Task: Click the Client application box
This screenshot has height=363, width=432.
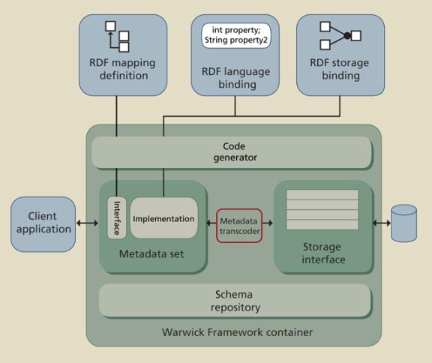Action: pos(43,224)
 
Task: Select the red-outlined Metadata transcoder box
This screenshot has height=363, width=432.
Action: pos(239,226)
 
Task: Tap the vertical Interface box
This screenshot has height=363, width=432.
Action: pos(117,217)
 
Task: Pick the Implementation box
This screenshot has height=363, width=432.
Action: pos(164,217)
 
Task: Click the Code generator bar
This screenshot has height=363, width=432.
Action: pos(232,152)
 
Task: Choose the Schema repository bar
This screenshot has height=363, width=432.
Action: pos(235,301)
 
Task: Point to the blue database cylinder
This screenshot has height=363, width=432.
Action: pos(404,223)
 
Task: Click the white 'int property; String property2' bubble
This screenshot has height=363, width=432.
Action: pos(236,36)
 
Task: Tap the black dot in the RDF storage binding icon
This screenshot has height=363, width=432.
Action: pos(347,35)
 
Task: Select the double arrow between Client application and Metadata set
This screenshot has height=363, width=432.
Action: pos(87,223)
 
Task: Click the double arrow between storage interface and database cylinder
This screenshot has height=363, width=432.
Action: pos(382,223)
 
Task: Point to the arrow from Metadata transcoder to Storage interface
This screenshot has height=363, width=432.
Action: pos(268,223)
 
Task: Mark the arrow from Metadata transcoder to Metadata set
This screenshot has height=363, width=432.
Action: pos(211,223)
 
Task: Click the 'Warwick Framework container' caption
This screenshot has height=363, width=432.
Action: pos(237,332)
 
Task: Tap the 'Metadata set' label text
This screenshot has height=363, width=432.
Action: pos(151,253)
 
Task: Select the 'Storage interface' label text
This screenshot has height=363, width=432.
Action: pos(322,253)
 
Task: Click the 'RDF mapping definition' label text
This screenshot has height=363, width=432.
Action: pos(122,69)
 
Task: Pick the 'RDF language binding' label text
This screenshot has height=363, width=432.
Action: pos(236,78)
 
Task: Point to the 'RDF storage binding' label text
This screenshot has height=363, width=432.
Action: pos(340,69)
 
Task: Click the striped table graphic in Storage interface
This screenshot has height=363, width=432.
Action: pos(322,209)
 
